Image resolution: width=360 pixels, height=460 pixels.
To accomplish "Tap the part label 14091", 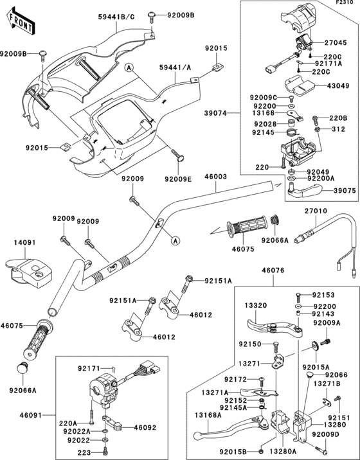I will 22,243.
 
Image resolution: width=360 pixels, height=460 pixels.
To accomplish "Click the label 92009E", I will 177,179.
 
